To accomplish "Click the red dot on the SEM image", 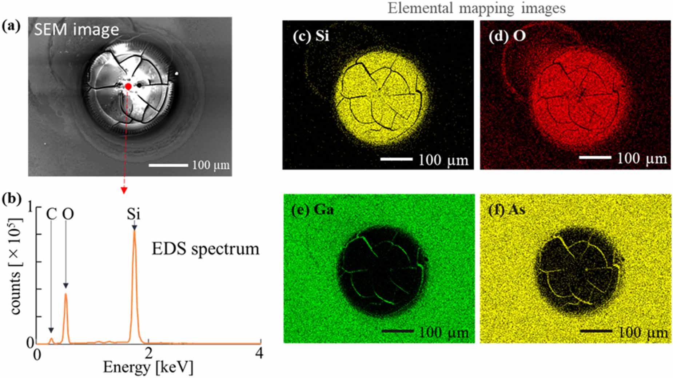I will [128, 87].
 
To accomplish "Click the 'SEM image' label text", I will [76, 29].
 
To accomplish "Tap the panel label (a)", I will [11, 26].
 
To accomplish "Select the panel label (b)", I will [11, 199].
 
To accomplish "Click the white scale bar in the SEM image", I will [168, 165].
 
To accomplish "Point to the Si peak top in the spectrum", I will [134, 231].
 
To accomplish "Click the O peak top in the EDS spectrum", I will [66, 294].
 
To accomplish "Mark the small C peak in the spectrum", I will [51, 339].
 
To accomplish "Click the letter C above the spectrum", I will [51, 214].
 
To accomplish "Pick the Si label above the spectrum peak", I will [134, 214].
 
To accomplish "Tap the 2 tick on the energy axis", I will [148, 353].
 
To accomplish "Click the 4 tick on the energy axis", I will [259, 353].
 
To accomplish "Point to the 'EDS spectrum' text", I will [206, 249].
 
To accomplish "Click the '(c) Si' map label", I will [311, 36].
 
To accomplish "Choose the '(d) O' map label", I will [507, 36].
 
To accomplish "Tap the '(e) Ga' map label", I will [312, 210].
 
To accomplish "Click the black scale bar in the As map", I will [596, 331].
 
